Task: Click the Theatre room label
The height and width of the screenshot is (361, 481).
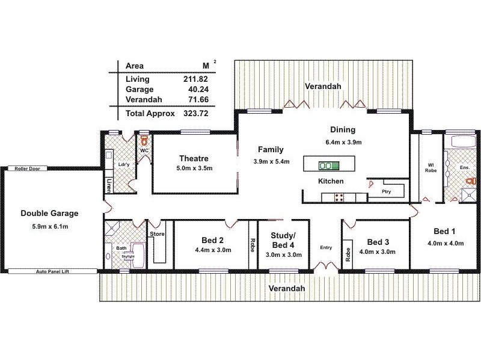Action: [193, 158]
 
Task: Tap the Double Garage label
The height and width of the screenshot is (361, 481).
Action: [49, 213]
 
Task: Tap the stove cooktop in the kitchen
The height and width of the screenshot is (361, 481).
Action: [339, 197]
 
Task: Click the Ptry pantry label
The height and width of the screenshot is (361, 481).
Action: [387, 192]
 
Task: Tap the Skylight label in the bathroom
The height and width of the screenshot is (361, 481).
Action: [127, 256]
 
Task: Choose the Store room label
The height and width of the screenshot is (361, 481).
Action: [157, 233]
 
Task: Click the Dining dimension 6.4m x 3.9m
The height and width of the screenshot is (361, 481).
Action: [343, 143]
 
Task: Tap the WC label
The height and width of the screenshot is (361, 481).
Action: [144, 150]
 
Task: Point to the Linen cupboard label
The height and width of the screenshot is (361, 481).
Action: [109, 185]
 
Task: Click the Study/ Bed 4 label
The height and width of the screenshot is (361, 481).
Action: [282, 240]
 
